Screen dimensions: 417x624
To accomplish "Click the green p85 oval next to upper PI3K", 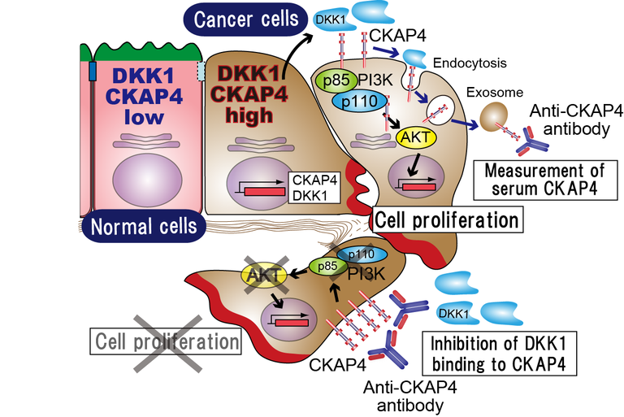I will [331, 80].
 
